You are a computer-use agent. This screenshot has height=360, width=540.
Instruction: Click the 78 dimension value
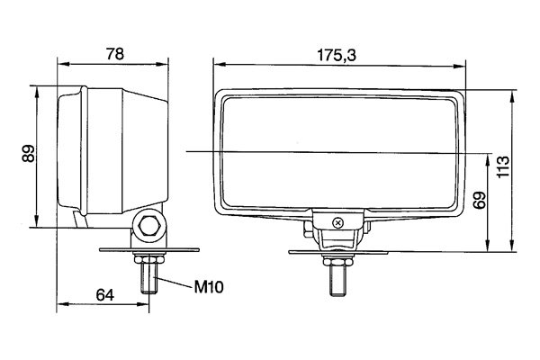[115, 54]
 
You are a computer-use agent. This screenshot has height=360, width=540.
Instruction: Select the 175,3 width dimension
[337, 56]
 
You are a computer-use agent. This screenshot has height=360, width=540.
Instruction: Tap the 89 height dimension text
[29, 153]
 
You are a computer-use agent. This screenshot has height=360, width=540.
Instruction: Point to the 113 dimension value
[503, 166]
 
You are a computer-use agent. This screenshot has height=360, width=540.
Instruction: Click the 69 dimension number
[480, 200]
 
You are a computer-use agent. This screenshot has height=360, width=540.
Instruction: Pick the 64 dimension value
[104, 295]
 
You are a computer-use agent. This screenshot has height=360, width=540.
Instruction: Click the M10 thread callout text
[209, 286]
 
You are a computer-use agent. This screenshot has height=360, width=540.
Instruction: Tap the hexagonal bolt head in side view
[149, 226]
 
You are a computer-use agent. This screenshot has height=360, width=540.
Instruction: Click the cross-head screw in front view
[338, 223]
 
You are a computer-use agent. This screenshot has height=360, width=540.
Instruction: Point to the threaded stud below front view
[337, 281]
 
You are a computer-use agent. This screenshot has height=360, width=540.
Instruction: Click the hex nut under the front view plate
[337, 261]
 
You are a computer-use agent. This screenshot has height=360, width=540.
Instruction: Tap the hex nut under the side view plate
[149, 258]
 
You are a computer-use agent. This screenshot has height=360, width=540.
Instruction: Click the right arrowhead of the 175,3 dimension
[459, 66]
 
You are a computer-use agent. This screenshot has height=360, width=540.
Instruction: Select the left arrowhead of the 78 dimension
[63, 64]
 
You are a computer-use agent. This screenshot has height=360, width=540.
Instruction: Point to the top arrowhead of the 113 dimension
[512, 97]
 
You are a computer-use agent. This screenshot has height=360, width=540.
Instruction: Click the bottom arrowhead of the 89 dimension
[36, 220]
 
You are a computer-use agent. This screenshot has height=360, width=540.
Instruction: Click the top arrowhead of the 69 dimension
[488, 160]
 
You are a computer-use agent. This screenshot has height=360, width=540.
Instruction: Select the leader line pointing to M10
[174, 282]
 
